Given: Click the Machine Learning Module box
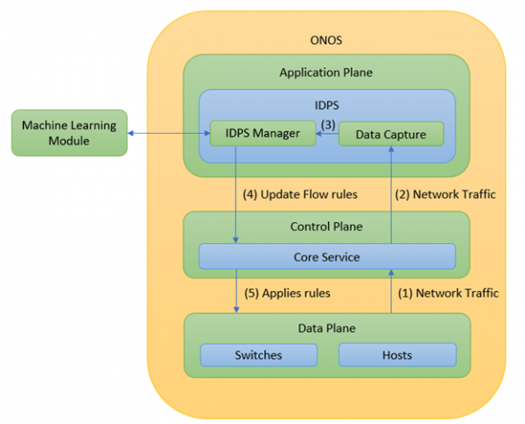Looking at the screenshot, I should click(68, 133).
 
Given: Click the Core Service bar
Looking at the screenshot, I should click(326, 257).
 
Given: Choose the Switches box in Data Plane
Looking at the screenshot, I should click(258, 355).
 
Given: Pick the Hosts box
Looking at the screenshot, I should click(396, 355).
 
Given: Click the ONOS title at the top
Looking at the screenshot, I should click(326, 39).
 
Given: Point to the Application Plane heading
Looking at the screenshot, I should click(326, 73).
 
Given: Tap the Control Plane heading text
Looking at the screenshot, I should click(326, 227).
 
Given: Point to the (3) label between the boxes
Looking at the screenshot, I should click(327, 123).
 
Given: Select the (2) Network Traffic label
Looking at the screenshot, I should click(445, 194).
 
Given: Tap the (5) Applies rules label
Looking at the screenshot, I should click(288, 293).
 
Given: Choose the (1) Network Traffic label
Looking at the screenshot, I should click(449, 293).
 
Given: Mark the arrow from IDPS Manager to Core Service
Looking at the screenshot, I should click(235, 192).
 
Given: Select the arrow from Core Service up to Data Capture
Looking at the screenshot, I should click(390, 192).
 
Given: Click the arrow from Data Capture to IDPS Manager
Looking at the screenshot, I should click(326, 135).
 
